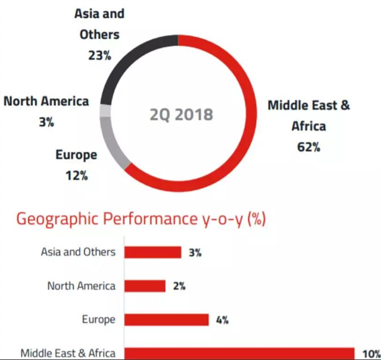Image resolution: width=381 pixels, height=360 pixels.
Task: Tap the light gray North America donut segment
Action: coord(105,111)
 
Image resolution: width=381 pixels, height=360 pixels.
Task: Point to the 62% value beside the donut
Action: coord(308,147)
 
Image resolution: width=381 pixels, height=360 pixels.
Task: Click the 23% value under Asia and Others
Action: coord(99,55)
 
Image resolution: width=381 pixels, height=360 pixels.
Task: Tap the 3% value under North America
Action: coord(46,123)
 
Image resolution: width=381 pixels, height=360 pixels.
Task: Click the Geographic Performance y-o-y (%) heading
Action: coord(140,220)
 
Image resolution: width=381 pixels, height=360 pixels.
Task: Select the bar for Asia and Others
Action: coord(152,252)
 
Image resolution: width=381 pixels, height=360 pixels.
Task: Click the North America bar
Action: coord(145,286)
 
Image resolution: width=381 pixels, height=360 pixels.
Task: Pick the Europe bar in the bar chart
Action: coord(167,320)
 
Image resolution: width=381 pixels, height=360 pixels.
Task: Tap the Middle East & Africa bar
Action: coord(238,353)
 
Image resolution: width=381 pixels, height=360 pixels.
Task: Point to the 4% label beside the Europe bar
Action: coord(223,320)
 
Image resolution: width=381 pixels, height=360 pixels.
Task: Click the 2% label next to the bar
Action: coord(179,286)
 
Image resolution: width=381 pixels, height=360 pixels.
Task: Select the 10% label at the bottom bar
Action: coord(369,353)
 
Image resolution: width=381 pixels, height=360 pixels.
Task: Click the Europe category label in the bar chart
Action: coord(98,320)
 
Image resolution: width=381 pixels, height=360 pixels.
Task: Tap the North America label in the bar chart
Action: coord(82,286)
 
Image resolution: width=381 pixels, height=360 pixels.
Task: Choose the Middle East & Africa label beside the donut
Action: coord(308,115)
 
